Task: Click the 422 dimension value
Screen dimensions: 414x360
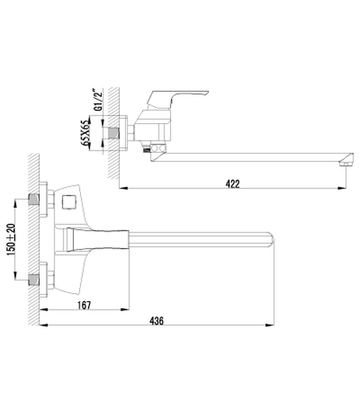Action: click(233, 184)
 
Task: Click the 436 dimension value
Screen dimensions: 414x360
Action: click(156, 321)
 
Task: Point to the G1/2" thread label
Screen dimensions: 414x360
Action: click(97, 100)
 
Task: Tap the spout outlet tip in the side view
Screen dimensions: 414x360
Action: click(343, 164)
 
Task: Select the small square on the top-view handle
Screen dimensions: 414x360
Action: click(67, 203)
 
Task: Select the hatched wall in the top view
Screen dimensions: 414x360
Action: click(33, 240)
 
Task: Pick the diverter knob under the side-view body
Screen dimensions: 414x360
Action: click(158, 148)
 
